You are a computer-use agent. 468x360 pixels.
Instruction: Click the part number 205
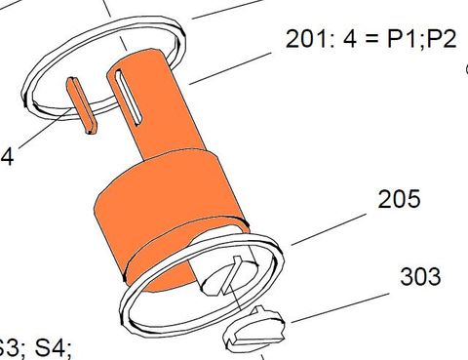click(x=400, y=199)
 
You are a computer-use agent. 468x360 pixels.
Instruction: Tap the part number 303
click(x=420, y=276)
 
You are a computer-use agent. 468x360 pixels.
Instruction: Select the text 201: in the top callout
click(x=308, y=39)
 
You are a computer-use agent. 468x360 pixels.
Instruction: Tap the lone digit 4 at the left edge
click(x=7, y=155)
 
